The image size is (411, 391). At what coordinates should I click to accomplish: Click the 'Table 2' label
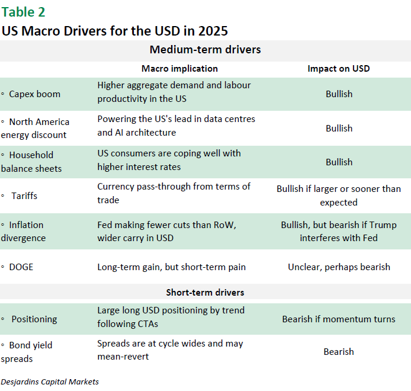[23, 12]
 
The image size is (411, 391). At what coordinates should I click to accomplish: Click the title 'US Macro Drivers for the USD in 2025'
[115, 31]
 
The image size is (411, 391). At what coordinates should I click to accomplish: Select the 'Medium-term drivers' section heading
[205, 50]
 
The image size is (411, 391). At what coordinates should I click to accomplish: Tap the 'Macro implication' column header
[179, 69]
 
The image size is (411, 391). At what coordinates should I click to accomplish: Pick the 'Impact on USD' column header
[339, 69]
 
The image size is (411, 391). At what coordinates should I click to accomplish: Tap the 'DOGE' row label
[21, 267]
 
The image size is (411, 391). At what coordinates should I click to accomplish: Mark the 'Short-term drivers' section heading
[205, 293]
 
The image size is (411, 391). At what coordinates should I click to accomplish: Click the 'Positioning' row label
[34, 319]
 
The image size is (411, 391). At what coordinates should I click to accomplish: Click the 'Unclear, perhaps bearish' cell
[339, 267]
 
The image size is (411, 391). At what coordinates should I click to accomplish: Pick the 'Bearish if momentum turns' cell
[339, 319]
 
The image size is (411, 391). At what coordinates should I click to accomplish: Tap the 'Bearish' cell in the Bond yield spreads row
[339, 351]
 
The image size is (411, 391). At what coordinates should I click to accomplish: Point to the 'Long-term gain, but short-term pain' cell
[171, 267]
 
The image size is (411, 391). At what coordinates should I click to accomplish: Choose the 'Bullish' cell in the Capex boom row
[339, 94]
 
